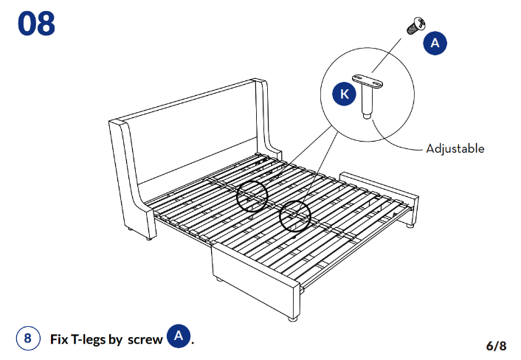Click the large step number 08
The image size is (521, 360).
36,24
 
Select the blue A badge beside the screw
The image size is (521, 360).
435,43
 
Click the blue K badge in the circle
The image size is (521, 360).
344,94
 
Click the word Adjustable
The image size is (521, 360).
455,148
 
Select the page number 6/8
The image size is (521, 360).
496,345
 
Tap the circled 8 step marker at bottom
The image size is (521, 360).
27,339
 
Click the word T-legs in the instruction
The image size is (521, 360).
88,339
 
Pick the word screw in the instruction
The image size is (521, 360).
145,339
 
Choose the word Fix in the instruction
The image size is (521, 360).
59,339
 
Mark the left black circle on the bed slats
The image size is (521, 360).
252,195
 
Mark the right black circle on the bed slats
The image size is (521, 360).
295,215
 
